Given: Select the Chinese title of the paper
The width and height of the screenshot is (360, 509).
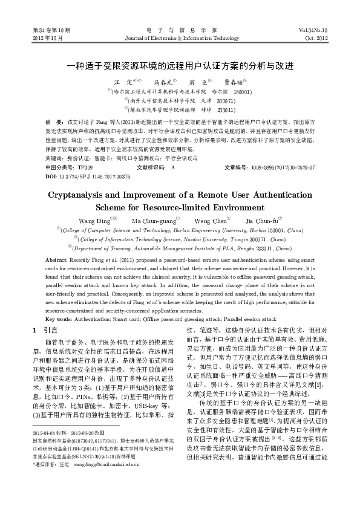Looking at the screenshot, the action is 180,65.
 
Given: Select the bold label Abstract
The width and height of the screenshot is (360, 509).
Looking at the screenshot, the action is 56,259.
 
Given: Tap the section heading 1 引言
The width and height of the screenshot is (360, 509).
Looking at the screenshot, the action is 44,331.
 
